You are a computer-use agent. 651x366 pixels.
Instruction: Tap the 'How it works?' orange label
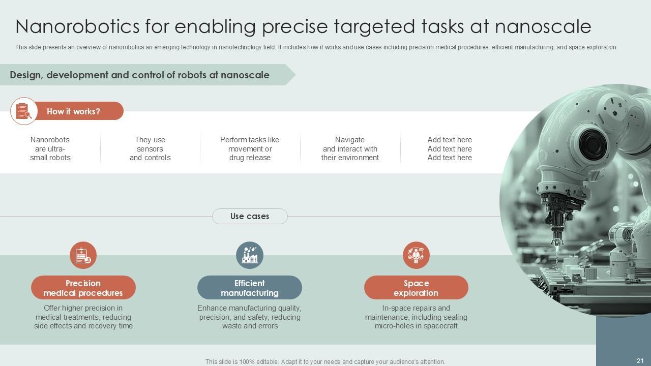coord(74,111)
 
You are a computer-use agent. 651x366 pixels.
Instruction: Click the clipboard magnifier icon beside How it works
coord(24,111)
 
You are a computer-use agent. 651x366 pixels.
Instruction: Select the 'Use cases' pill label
coord(250,216)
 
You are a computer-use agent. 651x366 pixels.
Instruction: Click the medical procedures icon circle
coord(83,255)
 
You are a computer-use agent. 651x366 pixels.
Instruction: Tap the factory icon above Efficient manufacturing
coord(250,255)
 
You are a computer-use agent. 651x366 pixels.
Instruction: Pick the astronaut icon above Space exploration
coord(416,255)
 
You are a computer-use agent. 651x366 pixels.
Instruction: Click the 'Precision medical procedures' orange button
coord(83,288)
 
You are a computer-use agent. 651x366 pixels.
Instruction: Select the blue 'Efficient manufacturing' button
coord(250,288)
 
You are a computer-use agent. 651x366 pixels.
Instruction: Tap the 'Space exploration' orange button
coord(416,288)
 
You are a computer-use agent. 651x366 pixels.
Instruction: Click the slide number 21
coord(640,361)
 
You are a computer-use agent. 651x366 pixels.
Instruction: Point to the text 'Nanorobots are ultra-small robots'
coord(50,148)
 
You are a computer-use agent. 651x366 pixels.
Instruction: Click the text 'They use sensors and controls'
coord(150,148)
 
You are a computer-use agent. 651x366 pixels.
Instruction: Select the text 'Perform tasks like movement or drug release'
coord(250,148)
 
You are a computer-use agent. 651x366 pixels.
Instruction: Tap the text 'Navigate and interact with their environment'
coord(350,148)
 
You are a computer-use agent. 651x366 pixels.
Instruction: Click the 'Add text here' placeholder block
coord(450,148)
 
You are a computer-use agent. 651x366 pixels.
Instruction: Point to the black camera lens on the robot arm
coord(591,142)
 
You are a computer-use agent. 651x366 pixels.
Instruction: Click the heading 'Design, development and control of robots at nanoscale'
coord(140,75)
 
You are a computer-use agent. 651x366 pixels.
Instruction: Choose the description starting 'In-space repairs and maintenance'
coord(416,317)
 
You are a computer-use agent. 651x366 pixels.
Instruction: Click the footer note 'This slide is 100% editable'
coord(325,362)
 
